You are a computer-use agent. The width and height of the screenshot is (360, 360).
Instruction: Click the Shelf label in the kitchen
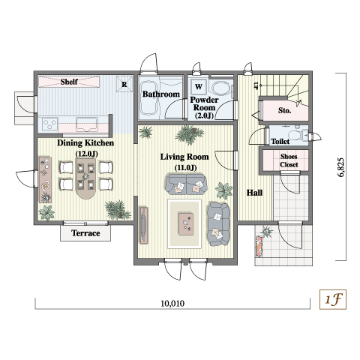pyautogui.click(x=69, y=82)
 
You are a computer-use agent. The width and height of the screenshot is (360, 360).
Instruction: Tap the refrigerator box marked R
pyautogui.click(x=124, y=84)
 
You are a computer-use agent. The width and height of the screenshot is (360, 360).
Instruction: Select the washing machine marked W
pyautogui.click(x=199, y=87)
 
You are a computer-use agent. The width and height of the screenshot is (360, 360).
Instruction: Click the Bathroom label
pyautogui.click(x=161, y=94)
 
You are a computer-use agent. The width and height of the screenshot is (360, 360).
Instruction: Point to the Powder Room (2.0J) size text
pyautogui.click(x=204, y=115)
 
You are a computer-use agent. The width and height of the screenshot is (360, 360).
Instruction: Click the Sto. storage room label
pyautogui.click(x=284, y=110)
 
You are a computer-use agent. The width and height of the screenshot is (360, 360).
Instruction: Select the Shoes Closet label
pyautogui.click(x=289, y=160)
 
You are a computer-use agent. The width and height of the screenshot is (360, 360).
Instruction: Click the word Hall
pyautogui.click(x=254, y=193)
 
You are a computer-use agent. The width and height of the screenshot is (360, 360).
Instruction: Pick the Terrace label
pyautogui.click(x=85, y=233)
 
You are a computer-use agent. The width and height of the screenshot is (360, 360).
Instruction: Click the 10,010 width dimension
pyautogui.click(x=172, y=303)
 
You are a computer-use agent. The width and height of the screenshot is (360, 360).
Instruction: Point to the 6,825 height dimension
pyautogui.click(x=341, y=167)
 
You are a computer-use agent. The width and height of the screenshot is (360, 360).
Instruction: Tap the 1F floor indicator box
pyautogui.click(x=333, y=299)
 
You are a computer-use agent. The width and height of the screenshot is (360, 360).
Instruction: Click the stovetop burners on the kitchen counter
pyautogui.click(x=50, y=124)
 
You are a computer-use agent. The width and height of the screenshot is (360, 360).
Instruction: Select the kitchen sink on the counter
pyautogui.click(x=87, y=124)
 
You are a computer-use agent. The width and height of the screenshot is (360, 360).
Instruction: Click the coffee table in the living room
pyautogui.click(x=186, y=223)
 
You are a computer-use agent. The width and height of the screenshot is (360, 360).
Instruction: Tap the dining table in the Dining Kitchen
pyautogui.click(x=86, y=178)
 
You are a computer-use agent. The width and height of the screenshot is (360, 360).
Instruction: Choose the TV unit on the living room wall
pyautogui.click(x=143, y=225)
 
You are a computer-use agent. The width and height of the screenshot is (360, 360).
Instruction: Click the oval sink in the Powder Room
pyautogui.click(x=220, y=88)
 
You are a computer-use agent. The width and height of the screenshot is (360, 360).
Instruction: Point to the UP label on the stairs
pyautogui.click(x=256, y=85)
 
